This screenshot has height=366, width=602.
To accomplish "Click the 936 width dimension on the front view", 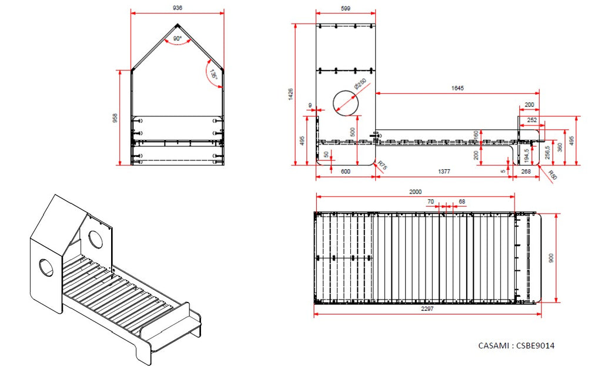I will (x=177, y=8).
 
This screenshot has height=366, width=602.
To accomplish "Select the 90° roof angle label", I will (x=177, y=39).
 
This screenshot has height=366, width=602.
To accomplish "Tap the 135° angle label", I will (x=214, y=76).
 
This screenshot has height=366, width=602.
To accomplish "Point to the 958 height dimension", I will (x=115, y=118).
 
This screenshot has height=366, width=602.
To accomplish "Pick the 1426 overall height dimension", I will (x=290, y=94).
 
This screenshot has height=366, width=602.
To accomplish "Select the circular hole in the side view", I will (x=346, y=103).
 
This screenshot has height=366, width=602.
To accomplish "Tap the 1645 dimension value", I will (x=457, y=88).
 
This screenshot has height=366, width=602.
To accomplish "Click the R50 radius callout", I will (x=552, y=174).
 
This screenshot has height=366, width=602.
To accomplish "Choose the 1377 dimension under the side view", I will (x=444, y=171).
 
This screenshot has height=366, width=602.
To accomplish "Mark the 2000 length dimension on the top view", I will (x=414, y=192).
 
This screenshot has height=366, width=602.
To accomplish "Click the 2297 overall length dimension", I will (x=427, y=309).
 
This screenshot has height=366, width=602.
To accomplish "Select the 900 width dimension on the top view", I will (x=550, y=258).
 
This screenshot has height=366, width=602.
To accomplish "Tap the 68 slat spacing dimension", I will (x=461, y=202).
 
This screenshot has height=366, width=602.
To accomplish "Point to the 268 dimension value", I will (x=526, y=171).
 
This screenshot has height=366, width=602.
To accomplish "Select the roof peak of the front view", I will (x=178, y=25).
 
